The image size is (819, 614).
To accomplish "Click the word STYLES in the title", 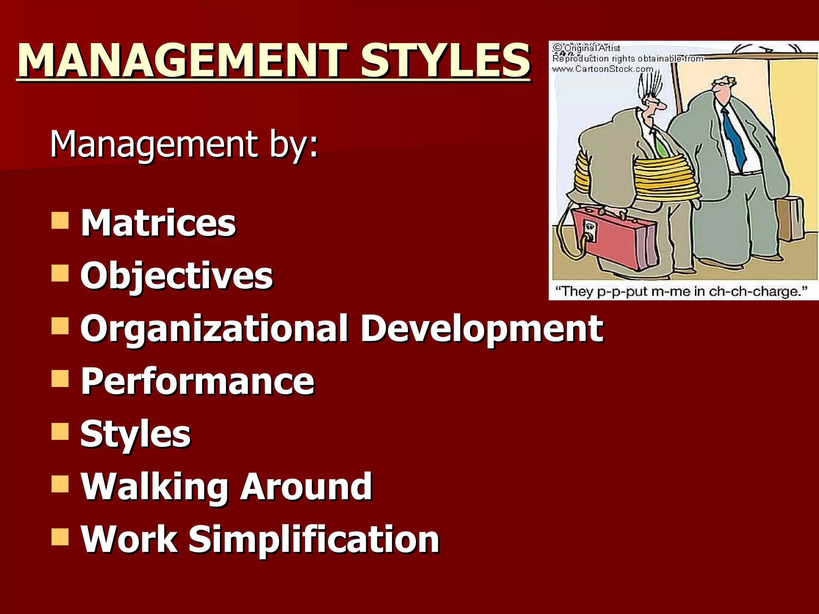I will click(445, 61).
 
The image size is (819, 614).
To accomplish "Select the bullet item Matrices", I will click(158, 223).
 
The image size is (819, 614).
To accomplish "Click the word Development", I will click(481, 329).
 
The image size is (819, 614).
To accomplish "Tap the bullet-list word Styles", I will click(135, 434).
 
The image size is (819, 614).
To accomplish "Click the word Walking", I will click(154, 486).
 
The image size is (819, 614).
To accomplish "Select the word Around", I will click(306, 486).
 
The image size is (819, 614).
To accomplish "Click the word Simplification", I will click(314, 540).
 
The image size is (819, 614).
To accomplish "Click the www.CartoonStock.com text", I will click(603, 69).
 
